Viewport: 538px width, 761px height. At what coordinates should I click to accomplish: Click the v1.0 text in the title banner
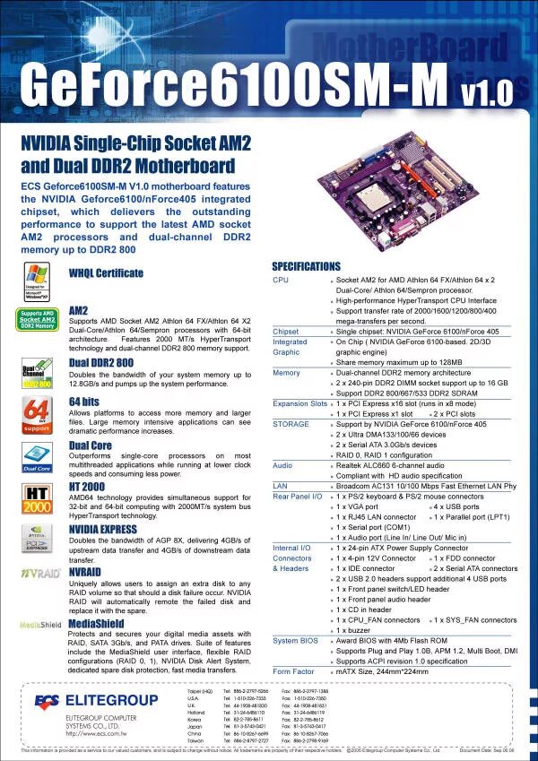pyautogui.click(x=487, y=91)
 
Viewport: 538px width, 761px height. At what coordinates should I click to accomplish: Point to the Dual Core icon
pyautogui.click(x=36, y=456)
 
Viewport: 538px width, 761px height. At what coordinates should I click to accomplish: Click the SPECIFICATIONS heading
pyautogui.click(x=306, y=266)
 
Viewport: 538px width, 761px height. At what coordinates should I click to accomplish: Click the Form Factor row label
pyautogui.click(x=293, y=671)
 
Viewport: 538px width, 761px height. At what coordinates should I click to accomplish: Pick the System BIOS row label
pyautogui.click(x=296, y=641)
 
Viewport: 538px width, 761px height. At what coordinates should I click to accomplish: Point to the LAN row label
pyautogui.click(x=280, y=484)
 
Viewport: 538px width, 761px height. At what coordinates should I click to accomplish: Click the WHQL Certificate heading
pyautogui.click(x=106, y=273)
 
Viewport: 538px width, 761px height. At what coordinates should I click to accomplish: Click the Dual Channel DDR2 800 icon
pyautogui.click(x=36, y=372)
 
